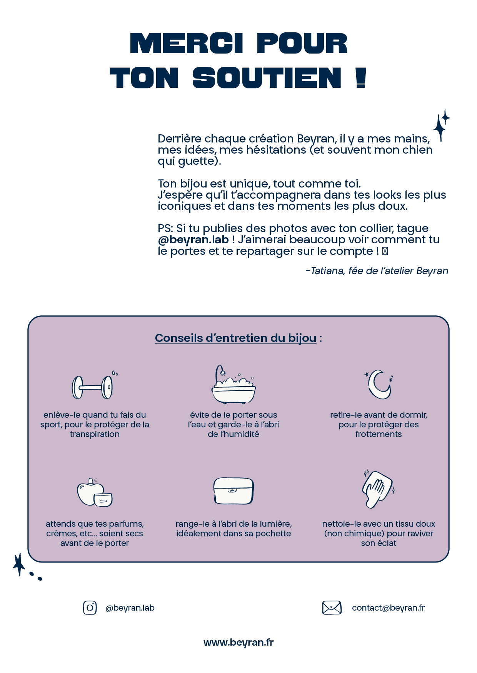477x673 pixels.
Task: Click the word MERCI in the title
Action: point(187,43)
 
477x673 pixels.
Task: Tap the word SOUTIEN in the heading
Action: point(267,78)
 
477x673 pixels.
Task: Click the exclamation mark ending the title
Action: point(360,78)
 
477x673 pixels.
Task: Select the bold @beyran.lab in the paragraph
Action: point(193,239)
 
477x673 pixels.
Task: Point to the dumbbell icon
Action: point(92,387)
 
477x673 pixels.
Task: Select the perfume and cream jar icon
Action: point(95,493)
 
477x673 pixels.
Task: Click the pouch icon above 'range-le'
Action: point(233,491)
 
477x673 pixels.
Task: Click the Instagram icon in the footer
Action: point(90,608)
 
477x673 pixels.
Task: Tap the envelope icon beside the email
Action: point(332,608)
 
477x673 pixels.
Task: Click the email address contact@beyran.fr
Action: point(388,608)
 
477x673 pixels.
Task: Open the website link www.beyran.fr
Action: point(239,642)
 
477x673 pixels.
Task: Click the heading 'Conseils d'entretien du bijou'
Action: point(235,338)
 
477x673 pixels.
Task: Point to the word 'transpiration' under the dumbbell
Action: point(95,434)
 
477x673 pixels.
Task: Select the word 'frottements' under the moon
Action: point(379,434)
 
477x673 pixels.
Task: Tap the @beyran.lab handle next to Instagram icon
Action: point(130,608)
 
